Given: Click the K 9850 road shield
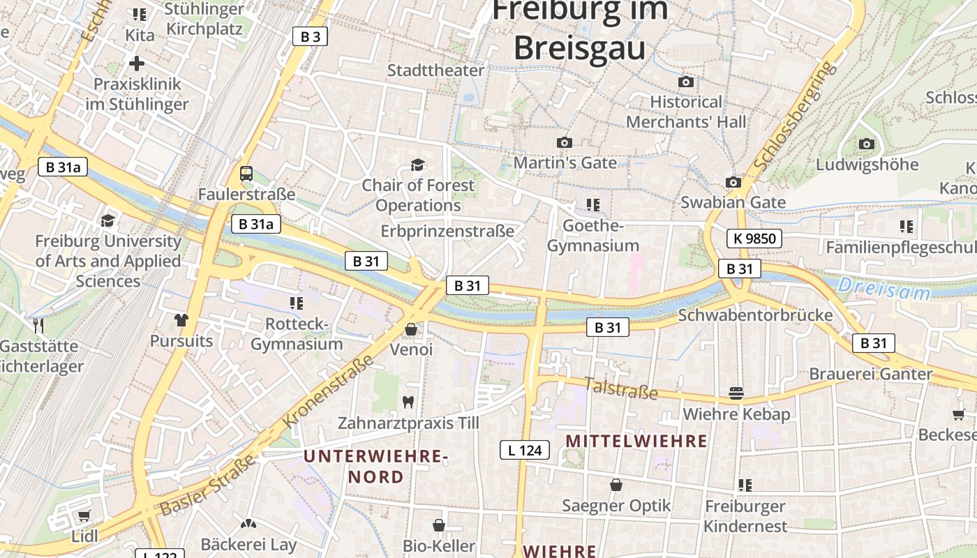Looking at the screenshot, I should [754, 239].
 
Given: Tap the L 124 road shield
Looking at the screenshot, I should [525, 450].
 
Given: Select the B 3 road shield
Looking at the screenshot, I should [310, 36].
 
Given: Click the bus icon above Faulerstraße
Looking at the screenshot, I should [246, 174].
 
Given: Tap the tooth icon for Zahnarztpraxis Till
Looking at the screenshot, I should [408, 402].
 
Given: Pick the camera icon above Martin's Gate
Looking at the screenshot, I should [564, 142].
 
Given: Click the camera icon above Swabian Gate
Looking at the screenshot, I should [733, 182].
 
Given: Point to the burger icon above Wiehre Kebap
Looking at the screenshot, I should [736, 393].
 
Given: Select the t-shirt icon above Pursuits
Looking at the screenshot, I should [181, 320].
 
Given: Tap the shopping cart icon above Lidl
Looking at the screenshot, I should [84, 515].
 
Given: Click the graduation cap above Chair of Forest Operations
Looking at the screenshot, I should [417, 165].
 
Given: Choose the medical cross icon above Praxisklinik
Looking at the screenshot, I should [137, 63].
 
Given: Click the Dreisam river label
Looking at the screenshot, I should [884, 288].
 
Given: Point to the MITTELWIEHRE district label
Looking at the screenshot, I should [636, 441].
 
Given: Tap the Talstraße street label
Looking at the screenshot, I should [620, 389].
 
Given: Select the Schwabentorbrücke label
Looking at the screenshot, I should [755, 315].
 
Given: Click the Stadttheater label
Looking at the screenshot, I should [435, 70].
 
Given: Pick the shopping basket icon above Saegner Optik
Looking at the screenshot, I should [616, 484].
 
